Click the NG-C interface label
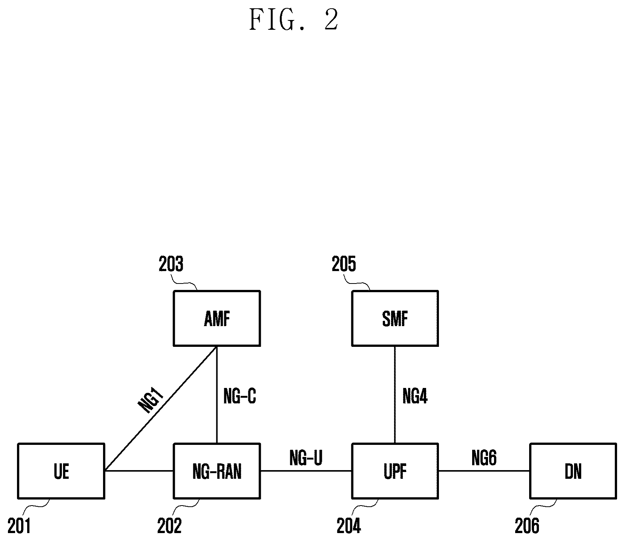point(240,396)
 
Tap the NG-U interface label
point(306,458)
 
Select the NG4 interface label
point(415,396)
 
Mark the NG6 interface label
point(484,458)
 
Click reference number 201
point(19,526)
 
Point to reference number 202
point(169,526)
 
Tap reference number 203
point(171,264)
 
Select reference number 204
point(349,526)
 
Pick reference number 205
point(344,264)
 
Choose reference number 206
point(527,526)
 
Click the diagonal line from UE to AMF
point(161,408)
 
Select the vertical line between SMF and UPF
point(395,394)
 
